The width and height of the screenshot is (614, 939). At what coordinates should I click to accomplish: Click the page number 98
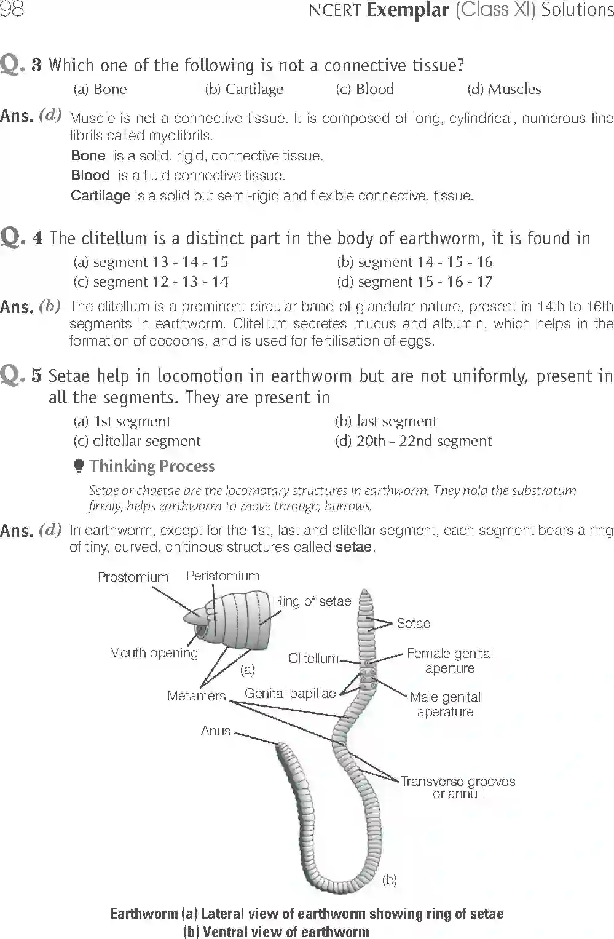tap(12, 10)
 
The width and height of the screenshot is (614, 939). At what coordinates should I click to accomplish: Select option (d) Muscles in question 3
tap(504, 89)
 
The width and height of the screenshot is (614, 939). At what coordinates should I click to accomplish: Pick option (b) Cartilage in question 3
tap(244, 89)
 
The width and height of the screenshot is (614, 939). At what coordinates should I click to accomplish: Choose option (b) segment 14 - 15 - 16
tap(415, 262)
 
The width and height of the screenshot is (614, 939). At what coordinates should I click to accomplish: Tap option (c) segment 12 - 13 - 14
tap(151, 282)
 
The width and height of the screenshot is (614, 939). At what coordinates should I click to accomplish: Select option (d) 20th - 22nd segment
tap(414, 441)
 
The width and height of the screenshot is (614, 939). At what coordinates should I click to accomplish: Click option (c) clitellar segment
tap(136, 441)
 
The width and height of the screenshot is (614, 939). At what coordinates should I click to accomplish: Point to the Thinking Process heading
tap(152, 466)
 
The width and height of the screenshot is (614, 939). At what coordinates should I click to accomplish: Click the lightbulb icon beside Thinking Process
tap(79, 466)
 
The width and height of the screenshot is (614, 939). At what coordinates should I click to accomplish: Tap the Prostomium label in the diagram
tap(133, 577)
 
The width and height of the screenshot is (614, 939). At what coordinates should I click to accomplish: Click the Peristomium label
tap(222, 576)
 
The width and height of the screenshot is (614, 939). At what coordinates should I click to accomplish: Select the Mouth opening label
tap(154, 652)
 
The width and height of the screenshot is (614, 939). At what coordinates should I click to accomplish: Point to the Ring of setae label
tap(312, 601)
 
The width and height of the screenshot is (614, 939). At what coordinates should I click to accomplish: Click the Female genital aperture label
tap(450, 660)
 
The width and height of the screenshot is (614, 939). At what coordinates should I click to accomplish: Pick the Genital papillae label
tap(290, 693)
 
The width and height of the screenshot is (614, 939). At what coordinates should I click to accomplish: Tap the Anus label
tap(216, 731)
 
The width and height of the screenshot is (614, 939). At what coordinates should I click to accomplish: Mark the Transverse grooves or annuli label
tap(458, 787)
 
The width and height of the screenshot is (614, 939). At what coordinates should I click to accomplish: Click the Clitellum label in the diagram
tap(313, 658)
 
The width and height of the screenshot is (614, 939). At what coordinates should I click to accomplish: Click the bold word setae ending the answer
tap(354, 547)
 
